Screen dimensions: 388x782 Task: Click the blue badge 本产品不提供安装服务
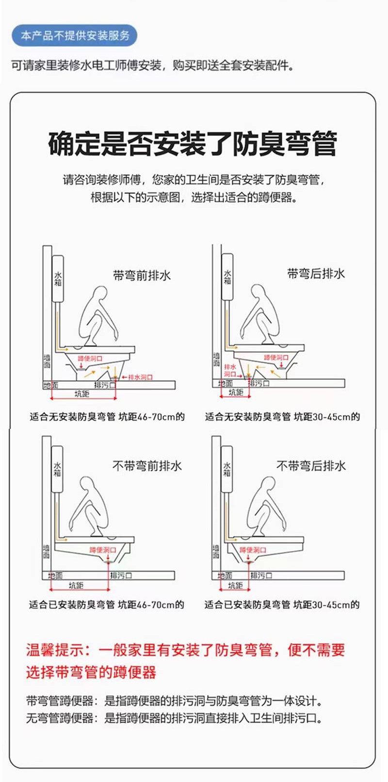[x=74, y=35]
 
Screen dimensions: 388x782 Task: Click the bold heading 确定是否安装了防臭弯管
[x=193, y=143]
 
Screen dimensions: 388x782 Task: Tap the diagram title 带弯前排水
[x=142, y=275]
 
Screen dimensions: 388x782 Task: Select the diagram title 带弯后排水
[x=316, y=274]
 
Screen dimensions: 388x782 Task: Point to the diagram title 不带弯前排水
[x=147, y=466]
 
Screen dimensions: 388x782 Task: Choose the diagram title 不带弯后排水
[x=311, y=466]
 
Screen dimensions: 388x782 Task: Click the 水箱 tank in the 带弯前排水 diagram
[x=58, y=279]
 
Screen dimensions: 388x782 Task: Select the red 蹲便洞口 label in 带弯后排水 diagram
[x=276, y=357]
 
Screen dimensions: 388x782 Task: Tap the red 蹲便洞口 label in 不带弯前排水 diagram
[x=102, y=550]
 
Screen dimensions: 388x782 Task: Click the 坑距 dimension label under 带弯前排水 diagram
[x=82, y=394]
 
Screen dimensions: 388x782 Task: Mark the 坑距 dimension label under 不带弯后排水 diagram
[x=235, y=585]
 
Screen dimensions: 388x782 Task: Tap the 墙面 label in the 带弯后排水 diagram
[x=216, y=359]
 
